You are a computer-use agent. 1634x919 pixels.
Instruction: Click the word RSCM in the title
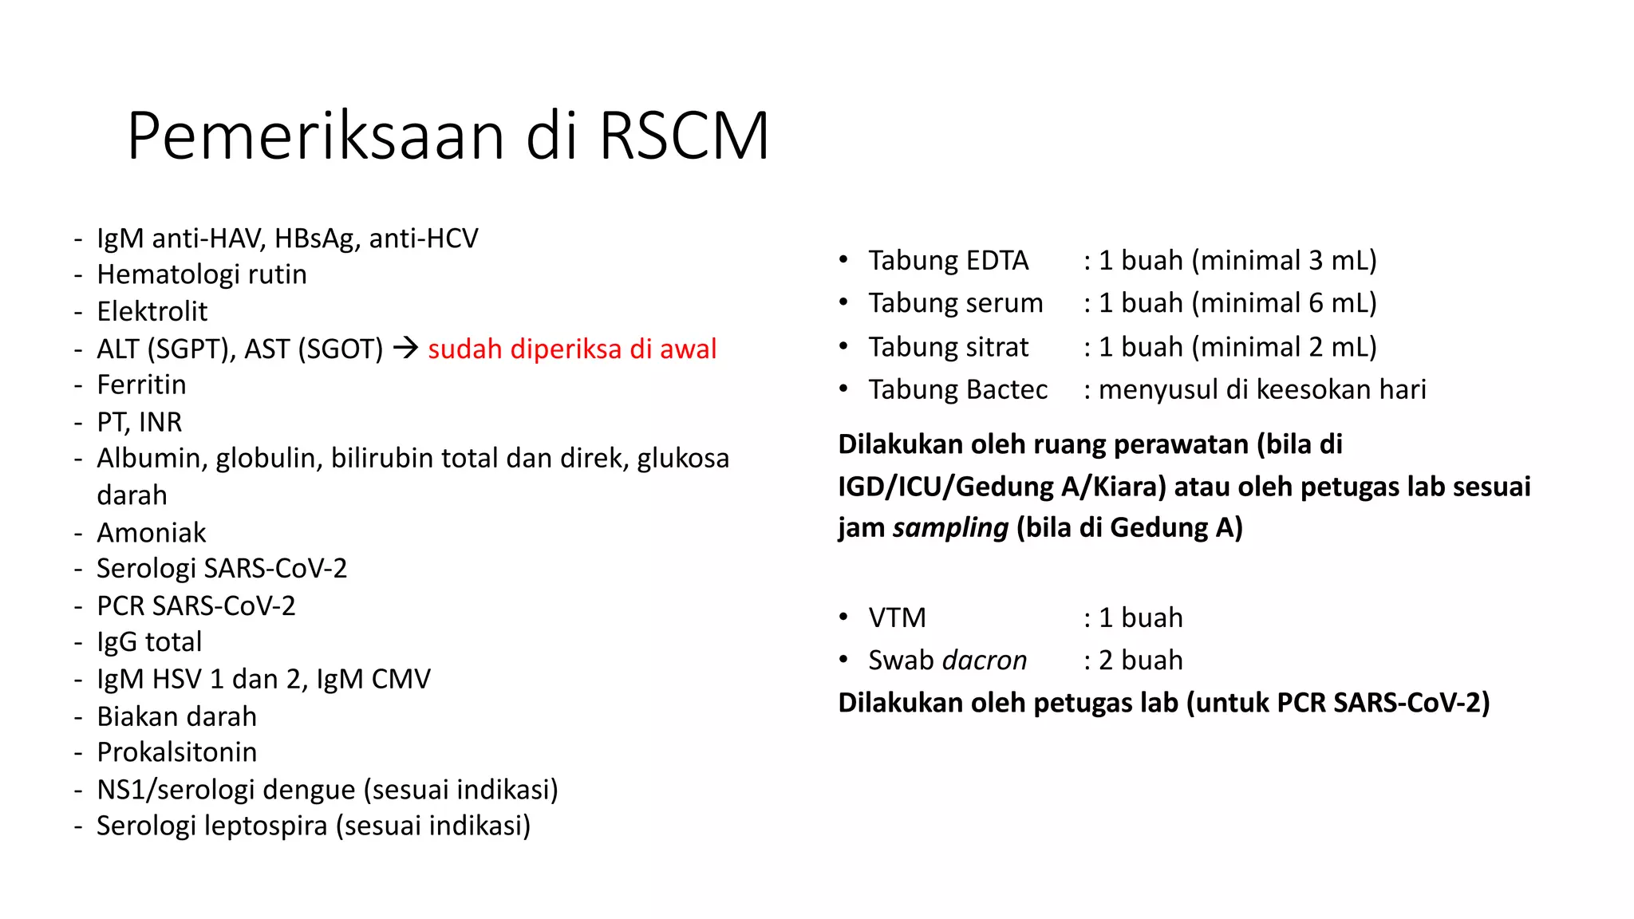pyautogui.click(x=684, y=136)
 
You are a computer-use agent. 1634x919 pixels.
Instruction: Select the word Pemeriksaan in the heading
pyautogui.click(x=316, y=136)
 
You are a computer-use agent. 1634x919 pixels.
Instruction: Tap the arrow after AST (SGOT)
pyautogui.click(x=405, y=348)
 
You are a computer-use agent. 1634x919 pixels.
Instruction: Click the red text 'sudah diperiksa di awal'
pyautogui.click(x=572, y=349)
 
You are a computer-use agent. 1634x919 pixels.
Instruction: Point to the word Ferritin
pyautogui.click(x=141, y=385)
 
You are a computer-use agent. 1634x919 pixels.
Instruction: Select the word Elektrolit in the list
pyautogui.click(x=152, y=311)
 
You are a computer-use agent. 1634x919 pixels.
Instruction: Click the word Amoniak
pyautogui.click(x=151, y=532)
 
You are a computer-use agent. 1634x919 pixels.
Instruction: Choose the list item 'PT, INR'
pyautogui.click(x=139, y=421)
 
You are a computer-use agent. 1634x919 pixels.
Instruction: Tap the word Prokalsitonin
pyautogui.click(x=176, y=751)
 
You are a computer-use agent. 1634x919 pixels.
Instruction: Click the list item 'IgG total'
pyautogui.click(x=148, y=641)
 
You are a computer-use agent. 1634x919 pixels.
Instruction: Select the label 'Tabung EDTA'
pyautogui.click(x=948, y=260)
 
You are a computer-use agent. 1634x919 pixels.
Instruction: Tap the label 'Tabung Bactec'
pyautogui.click(x=957, y=389)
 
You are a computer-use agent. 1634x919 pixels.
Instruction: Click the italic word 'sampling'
pyautogui.click(x=950, y=527)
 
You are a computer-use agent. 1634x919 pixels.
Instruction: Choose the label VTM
pyautogui.click(x=897, y=617)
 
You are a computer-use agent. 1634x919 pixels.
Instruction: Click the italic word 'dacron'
pyautogui.click(x=985, y=661)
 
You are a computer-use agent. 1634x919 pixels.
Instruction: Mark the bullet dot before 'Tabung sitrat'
pyautogui.click(x=843, y=346)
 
